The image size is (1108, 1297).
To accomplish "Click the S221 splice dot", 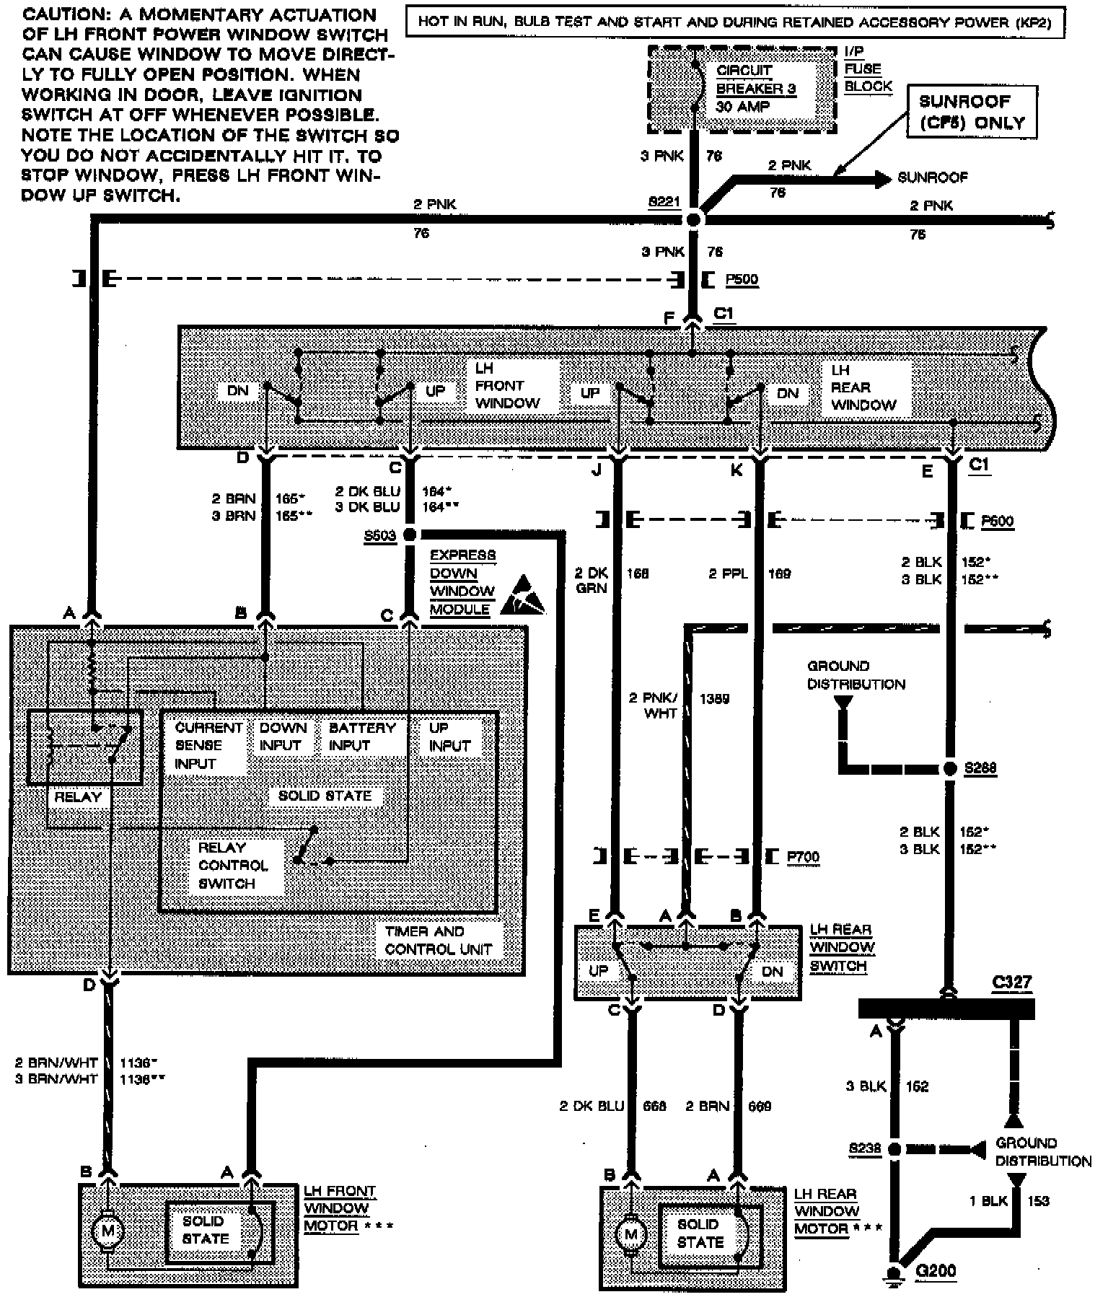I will point(692,219).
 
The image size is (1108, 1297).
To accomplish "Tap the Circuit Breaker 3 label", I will point(755,88).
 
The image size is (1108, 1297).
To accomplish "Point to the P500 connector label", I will point(742,280).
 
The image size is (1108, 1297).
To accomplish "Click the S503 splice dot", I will point(409,535).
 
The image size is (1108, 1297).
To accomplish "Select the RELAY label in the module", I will point(78,797).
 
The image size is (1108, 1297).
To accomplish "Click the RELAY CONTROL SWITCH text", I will point(227,866).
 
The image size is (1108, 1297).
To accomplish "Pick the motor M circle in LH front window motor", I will point(107,1231).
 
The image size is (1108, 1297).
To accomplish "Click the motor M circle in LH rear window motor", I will point(631,1234).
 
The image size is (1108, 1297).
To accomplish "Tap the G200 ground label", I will point(936,1270).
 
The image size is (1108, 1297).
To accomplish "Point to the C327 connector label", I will point(1011,982).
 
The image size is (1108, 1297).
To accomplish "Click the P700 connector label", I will point(803,857).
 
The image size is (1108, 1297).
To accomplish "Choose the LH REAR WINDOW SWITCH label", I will point(842,948).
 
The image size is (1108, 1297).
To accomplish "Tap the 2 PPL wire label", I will point(728,574).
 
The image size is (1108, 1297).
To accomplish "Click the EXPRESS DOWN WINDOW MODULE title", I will point(462,583).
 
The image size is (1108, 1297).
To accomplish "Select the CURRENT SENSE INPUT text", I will point(208,746).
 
